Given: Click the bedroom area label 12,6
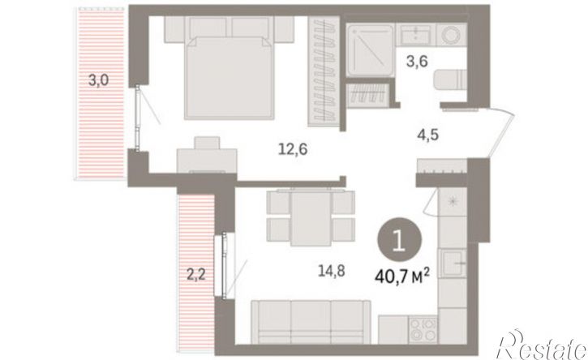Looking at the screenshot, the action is click(293, 150).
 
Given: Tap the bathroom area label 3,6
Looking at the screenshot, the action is click(417, 61).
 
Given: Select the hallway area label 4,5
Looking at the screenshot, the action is click(428, 135).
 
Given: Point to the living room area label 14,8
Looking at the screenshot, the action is click(332, 270).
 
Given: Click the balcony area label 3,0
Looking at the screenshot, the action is click(99, 80).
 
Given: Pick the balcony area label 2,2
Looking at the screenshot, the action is click(196, 276).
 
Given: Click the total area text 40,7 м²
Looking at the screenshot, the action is click(401, 278).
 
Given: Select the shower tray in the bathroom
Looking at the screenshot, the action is click(370, 50).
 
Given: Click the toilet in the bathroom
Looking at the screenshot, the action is click(450, 80).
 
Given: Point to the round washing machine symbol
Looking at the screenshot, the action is click(452, 35).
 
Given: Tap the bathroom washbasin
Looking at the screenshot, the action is click(415, 34).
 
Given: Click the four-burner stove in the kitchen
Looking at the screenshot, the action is click(423, 330).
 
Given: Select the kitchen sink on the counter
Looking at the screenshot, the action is click(453, 263).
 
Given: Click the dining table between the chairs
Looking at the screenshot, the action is click(311, 218).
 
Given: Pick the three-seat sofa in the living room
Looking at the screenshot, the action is click(311, 322).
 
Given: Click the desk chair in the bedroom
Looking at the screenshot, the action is click(207, 143).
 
